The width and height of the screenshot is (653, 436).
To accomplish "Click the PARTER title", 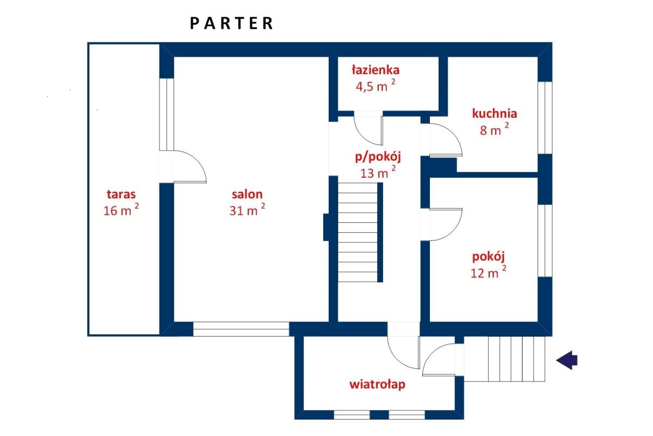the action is coord(231,23).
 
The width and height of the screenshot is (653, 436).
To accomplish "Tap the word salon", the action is coord(247,194).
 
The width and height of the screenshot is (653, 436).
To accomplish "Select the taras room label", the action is coord(121,194).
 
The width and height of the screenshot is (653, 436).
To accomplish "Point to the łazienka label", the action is coord(375,70).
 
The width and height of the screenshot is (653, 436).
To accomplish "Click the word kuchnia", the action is coord(495,113).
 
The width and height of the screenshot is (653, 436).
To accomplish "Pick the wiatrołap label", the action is coord(378,385).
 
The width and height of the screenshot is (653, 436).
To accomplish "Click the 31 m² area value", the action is coord(247,210).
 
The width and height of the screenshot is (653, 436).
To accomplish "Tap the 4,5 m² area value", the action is coord(375,86).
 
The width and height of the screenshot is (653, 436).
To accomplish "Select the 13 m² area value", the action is coord(378,172).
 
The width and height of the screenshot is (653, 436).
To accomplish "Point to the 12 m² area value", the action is coord(489,272).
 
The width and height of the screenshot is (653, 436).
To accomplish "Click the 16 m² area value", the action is coord(121,210).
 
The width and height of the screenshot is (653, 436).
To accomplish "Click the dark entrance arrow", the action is coord(566,360).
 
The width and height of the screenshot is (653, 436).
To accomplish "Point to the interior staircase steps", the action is coord(358,232).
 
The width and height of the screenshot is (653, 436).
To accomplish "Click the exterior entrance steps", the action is coord(504,359).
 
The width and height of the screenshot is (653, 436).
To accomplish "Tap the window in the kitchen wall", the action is coord(545,118).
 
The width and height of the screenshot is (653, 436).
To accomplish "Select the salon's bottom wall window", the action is coord(241,329).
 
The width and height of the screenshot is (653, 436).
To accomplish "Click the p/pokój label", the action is coord(378,157).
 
